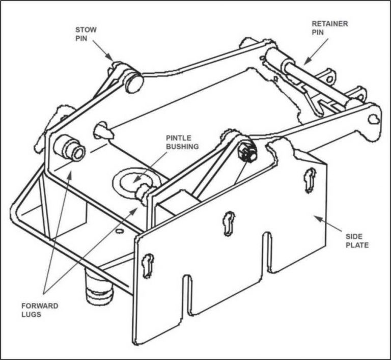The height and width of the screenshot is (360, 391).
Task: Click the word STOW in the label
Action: click(x=86, y=30)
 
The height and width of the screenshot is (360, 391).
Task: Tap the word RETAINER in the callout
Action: click(x=330, y=24)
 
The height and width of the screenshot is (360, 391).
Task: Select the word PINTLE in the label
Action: click(x=179, y=138)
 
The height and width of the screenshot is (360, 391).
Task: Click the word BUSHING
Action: click(x=182, y=147)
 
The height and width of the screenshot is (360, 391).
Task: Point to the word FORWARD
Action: click(x=40, y=306)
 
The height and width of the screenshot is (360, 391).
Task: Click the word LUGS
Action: click(x=31, y=314)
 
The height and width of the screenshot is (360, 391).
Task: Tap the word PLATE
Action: click(x=357, y=245)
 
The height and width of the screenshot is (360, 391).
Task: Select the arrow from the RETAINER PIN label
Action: click(x=316, y=51)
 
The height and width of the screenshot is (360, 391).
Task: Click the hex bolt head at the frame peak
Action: click(x=247, y=151)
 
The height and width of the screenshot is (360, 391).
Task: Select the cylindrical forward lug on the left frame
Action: click(x=70, y=148)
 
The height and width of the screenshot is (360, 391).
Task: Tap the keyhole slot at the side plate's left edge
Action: click(x=148, y=265)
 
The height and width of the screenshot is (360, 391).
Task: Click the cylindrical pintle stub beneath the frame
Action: click(x=98, y=287)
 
